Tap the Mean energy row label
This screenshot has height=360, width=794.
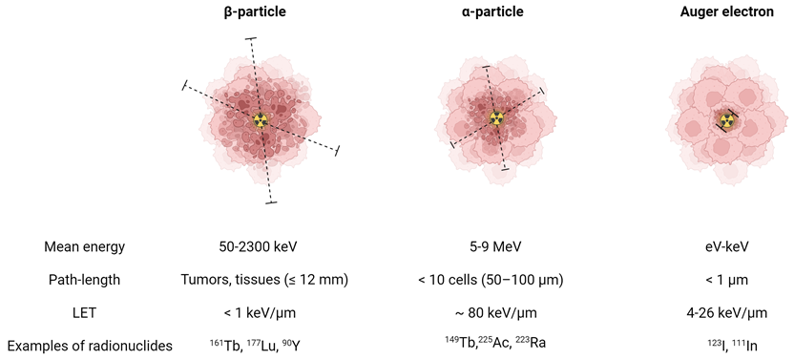pos(85,246)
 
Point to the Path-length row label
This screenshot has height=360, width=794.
pos(86,280)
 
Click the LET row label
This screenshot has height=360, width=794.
pos(86,312)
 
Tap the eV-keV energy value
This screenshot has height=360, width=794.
pos(727,246)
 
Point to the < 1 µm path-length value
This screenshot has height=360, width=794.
pos(727,280)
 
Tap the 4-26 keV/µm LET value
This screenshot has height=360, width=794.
pos(727,312)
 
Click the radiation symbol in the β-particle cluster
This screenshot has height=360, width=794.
pos(261,120)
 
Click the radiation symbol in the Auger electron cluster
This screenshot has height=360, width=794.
pos(727,120)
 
